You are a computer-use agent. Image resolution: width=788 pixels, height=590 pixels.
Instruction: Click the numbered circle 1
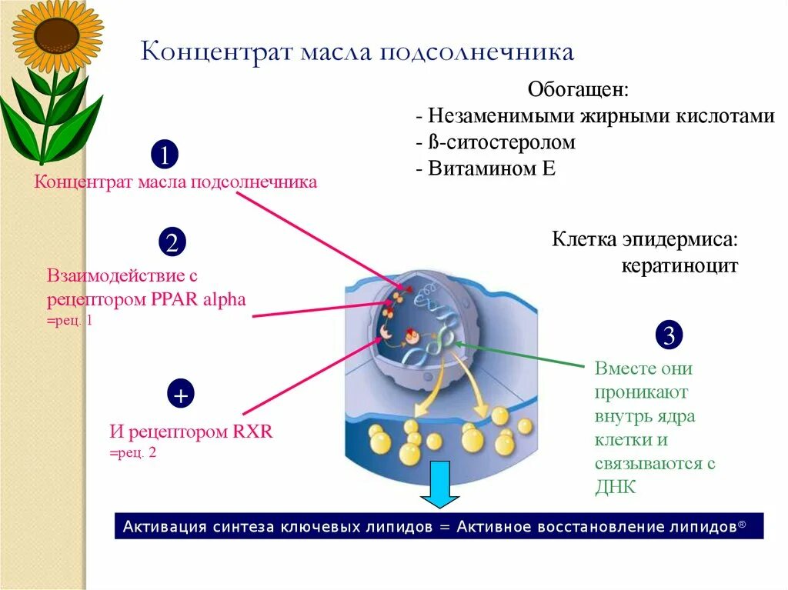click(164, 155)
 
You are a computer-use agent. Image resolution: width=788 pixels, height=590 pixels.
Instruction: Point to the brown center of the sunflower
click(57, 35)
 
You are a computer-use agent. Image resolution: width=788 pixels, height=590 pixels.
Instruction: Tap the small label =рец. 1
click(69, 320)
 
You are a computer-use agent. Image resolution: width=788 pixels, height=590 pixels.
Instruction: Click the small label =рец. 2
click(132, 453)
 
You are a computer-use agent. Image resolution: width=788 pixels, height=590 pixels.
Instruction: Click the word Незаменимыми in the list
click(489, 116)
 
